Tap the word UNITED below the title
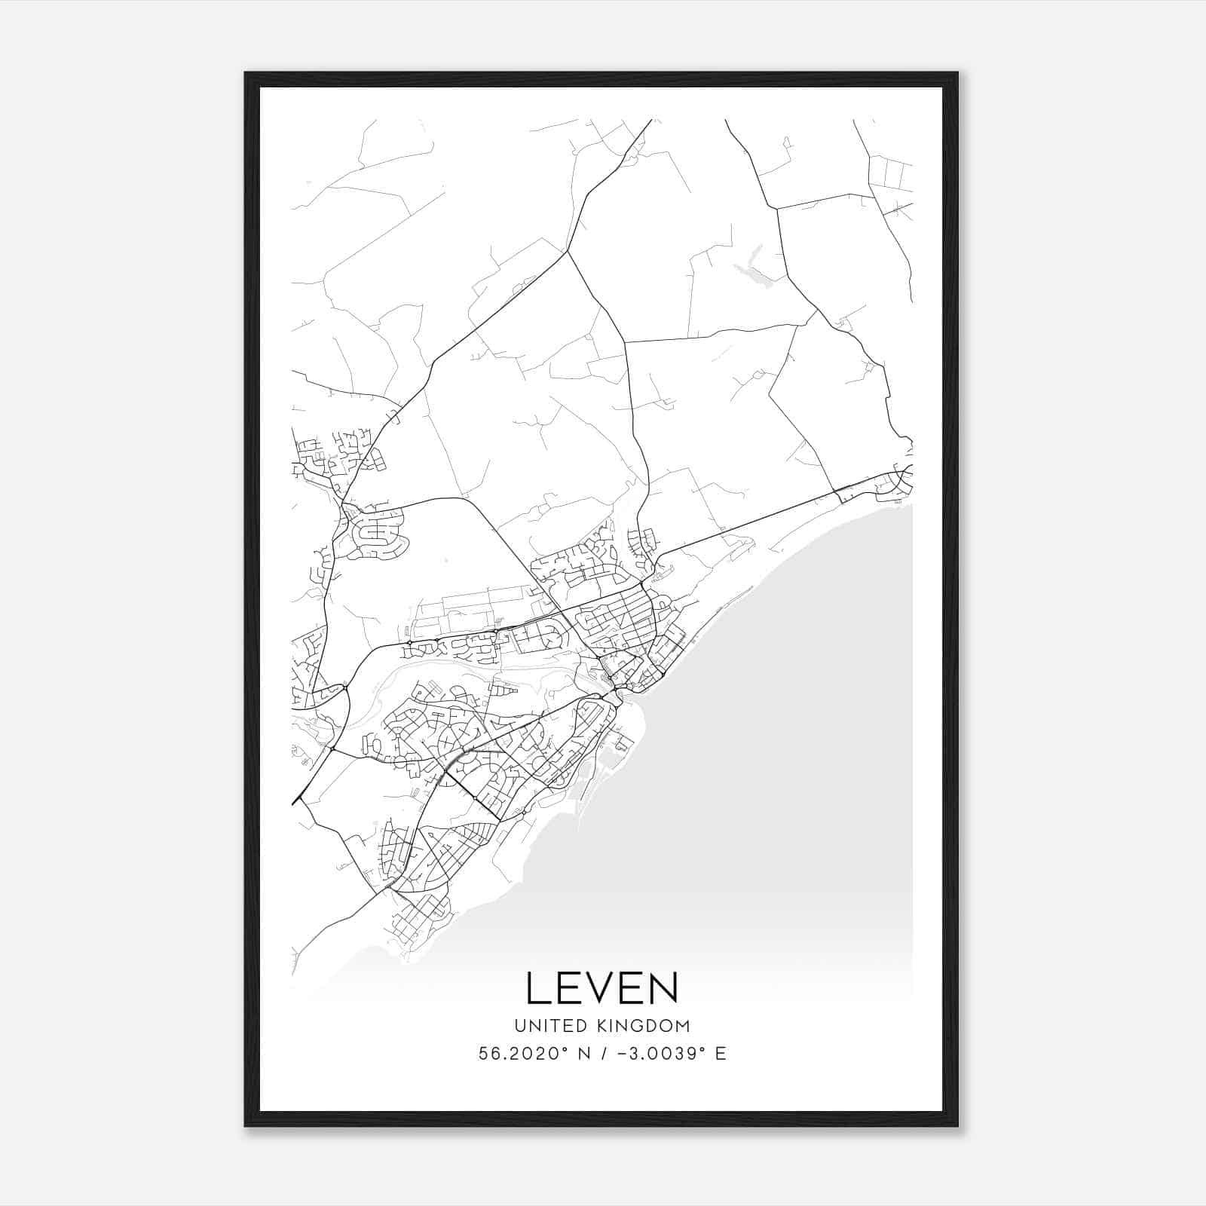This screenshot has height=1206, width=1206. tap(549, 1026)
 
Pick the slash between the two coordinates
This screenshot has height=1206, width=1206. tap(605, 1054)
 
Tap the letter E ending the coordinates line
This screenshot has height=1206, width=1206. tap(721, 1054)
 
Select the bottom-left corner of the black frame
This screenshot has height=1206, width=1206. tap(246, 1125)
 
